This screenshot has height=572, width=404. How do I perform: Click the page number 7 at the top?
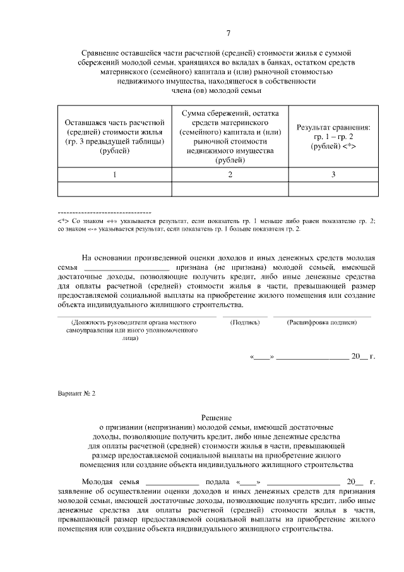pyautogui.click(x=228, y=33)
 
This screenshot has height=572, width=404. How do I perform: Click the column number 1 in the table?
pyautogui.click(x=114, y=174)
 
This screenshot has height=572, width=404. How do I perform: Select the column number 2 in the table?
pyautogui.click(x=230, y=174)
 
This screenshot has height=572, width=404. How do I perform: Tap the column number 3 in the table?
pyautogui.click(x=333, y=174)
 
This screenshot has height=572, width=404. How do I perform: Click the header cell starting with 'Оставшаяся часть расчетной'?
pyautogui.click(x=114, y=135)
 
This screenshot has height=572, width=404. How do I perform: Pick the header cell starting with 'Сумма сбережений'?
pyautogui.click(x=230, y=135)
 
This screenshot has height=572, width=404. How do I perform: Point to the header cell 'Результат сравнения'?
pyautogui.click(x=333, y=137)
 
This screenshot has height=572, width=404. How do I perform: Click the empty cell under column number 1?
pyautogui.click(x=114, y=190)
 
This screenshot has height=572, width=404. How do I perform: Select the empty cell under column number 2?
pyautogui.click(x=230, y=190)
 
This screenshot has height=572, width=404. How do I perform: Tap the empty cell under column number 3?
pyautogui.click(x=333, y=190)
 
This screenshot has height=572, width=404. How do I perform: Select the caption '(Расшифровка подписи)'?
pyautogui.click(x=321, y=322)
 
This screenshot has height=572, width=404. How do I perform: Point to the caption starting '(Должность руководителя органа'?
pyautogui.click(x=134, y=322)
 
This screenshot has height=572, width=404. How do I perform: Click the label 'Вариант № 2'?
pyautogui.click(x=76, y=392)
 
